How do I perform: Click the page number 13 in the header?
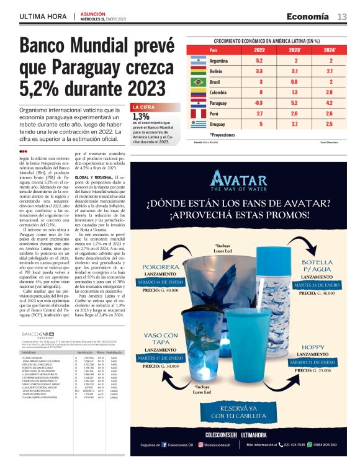342,16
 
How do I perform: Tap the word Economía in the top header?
308,16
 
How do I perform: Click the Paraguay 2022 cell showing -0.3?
259,103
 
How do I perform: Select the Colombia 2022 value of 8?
259,92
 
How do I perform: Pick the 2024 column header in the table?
331,50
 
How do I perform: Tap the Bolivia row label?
218,71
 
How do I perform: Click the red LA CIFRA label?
143,107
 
